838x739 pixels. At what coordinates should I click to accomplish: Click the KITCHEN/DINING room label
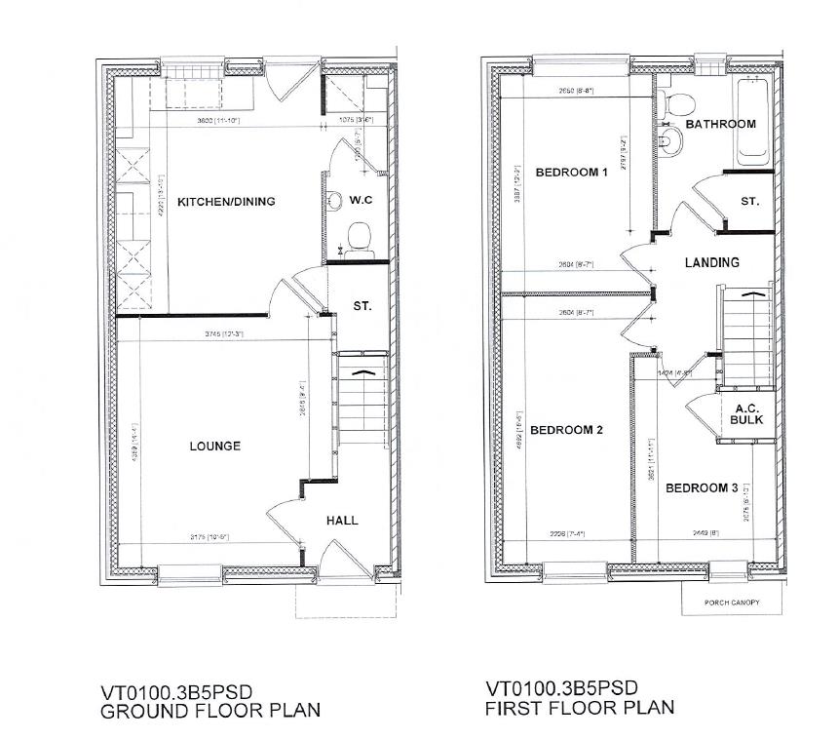point(226,202)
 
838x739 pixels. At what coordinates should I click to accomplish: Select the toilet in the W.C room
point(359,237)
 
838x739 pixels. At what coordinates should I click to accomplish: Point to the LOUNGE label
point(215,447)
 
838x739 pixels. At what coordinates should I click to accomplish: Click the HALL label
point(341,521)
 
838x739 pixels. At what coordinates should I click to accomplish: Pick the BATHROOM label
point(720,124)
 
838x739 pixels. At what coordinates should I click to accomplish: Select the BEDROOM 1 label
point(572,173)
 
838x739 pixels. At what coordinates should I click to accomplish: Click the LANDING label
point(711,262)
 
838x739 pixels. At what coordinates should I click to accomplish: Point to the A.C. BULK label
point(746,414)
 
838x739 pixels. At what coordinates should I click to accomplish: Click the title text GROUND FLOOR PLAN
point(209,711)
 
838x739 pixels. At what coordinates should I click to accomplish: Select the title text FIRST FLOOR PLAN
point(579,707)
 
